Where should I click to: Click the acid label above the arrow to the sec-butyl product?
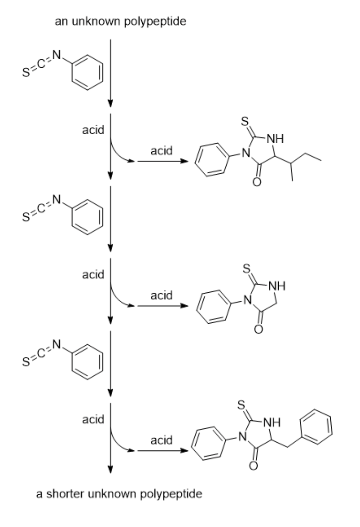click(161, 150)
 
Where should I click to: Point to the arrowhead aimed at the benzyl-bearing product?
click(186, 452)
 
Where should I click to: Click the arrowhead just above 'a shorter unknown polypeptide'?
click(111, 469)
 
